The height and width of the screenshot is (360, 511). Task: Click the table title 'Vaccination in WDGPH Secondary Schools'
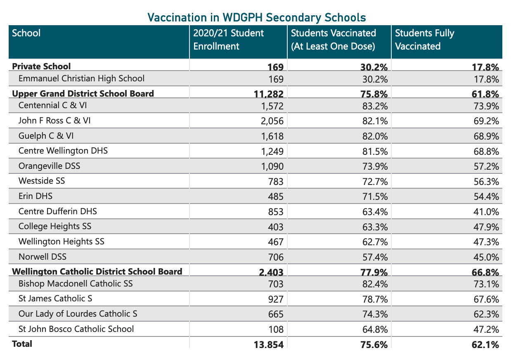[x=256, y=17]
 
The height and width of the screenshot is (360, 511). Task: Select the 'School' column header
[x=26, y=33]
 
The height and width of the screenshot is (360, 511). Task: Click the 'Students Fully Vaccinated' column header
[x=424, y=39]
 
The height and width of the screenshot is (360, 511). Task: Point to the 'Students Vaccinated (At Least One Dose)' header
[x=333, y=39]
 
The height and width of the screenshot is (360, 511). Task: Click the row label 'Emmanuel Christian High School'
[x=81, y=78]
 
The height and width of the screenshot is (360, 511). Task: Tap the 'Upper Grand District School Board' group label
[x=83, y=93]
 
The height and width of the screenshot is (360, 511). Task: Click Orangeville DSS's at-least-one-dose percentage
[x=374, y=166]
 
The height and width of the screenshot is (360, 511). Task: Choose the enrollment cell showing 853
[x=275, y=212]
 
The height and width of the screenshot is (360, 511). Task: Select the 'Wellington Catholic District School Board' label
[x=97, y=271]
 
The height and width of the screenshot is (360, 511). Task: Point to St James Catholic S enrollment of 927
[x=275, y=299]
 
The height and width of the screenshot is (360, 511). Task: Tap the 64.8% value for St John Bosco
[x=374, y=329]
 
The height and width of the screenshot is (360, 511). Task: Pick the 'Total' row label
[x=22, y=343]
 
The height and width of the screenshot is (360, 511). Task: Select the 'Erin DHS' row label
[x=35, y=196]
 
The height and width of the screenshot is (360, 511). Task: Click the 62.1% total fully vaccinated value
[x=485, y=344]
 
